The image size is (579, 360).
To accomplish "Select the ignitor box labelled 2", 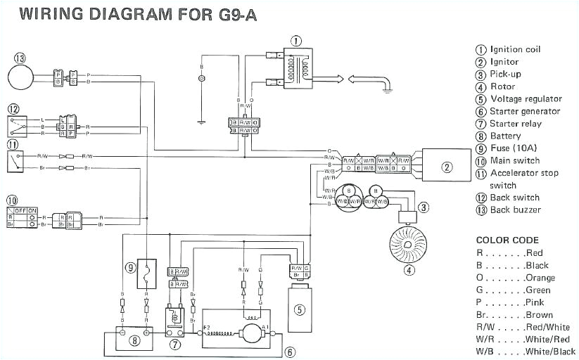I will click(445, 166).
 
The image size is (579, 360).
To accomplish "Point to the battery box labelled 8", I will click(134, 330).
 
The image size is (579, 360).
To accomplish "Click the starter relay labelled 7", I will click(174, 320).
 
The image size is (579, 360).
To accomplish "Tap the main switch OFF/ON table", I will click(23, 219).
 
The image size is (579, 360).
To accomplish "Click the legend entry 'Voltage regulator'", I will click(526, 99).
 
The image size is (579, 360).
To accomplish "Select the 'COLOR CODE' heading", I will click(507, 240).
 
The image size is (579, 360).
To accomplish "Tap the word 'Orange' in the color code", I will click(540, 278).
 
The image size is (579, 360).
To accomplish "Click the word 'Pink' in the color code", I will click(536, 302).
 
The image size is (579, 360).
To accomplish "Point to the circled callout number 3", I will click(424, 207).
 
